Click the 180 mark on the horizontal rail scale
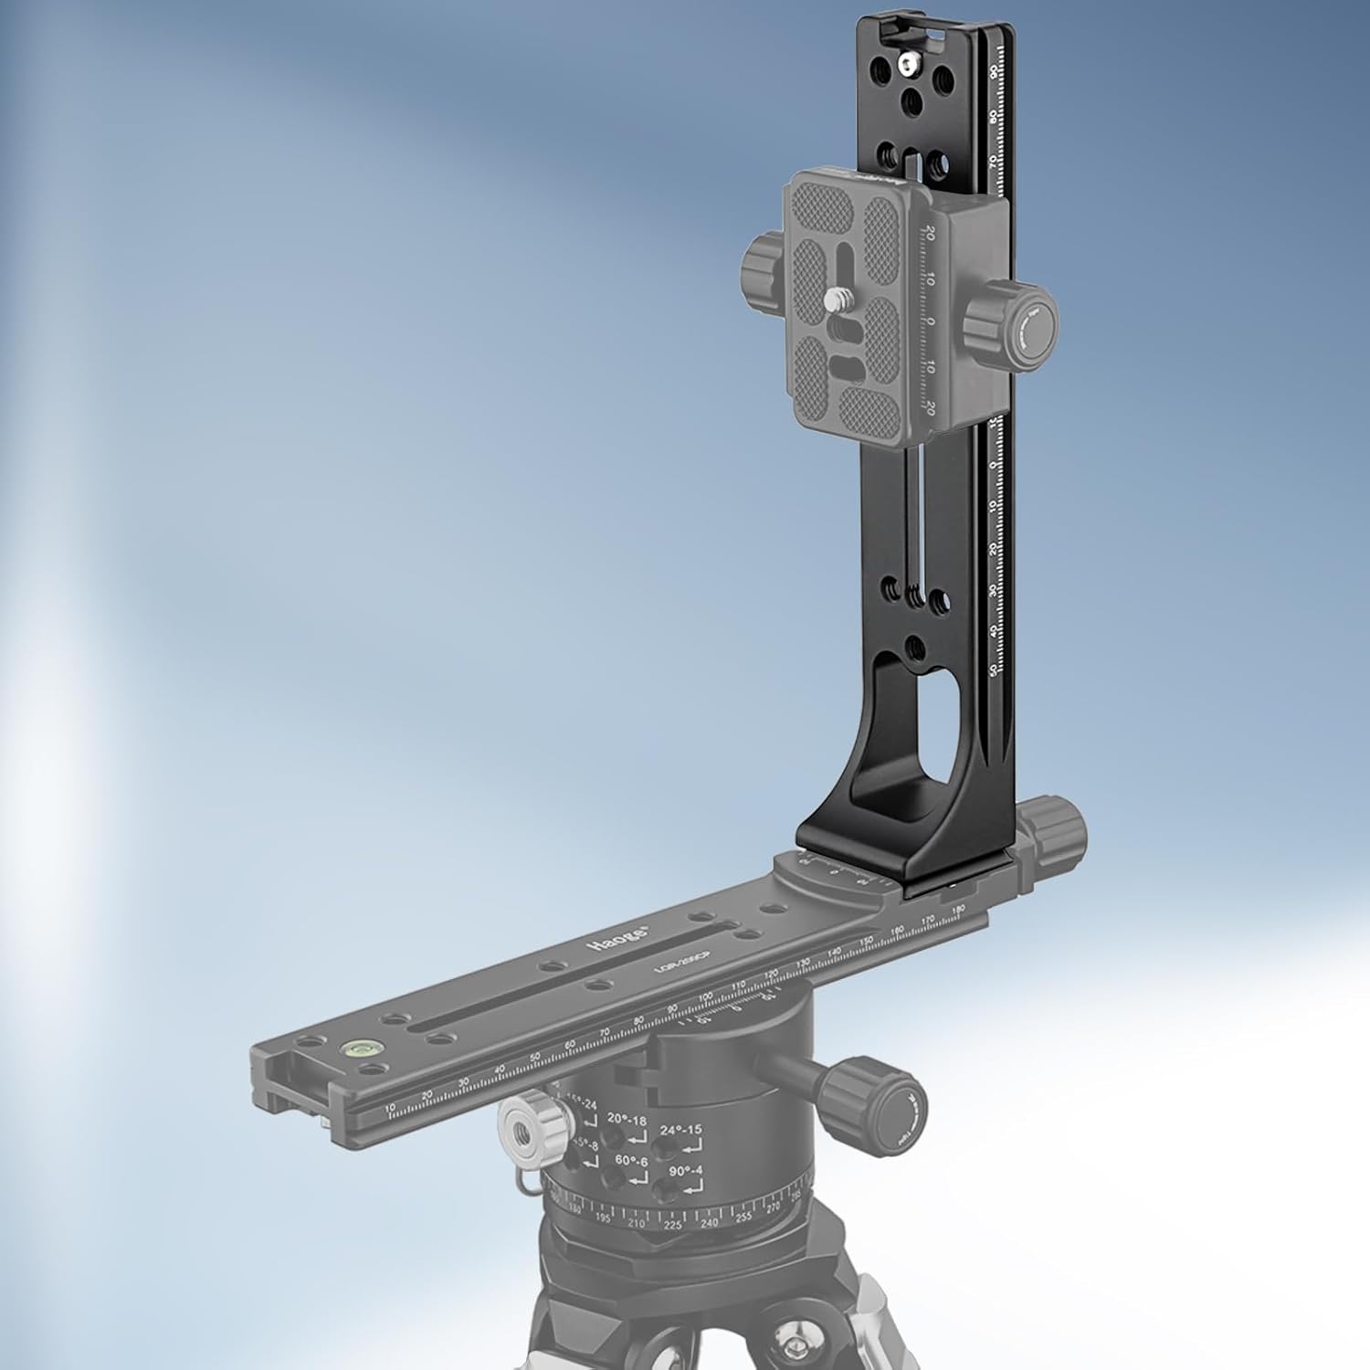tap(957, 911)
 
